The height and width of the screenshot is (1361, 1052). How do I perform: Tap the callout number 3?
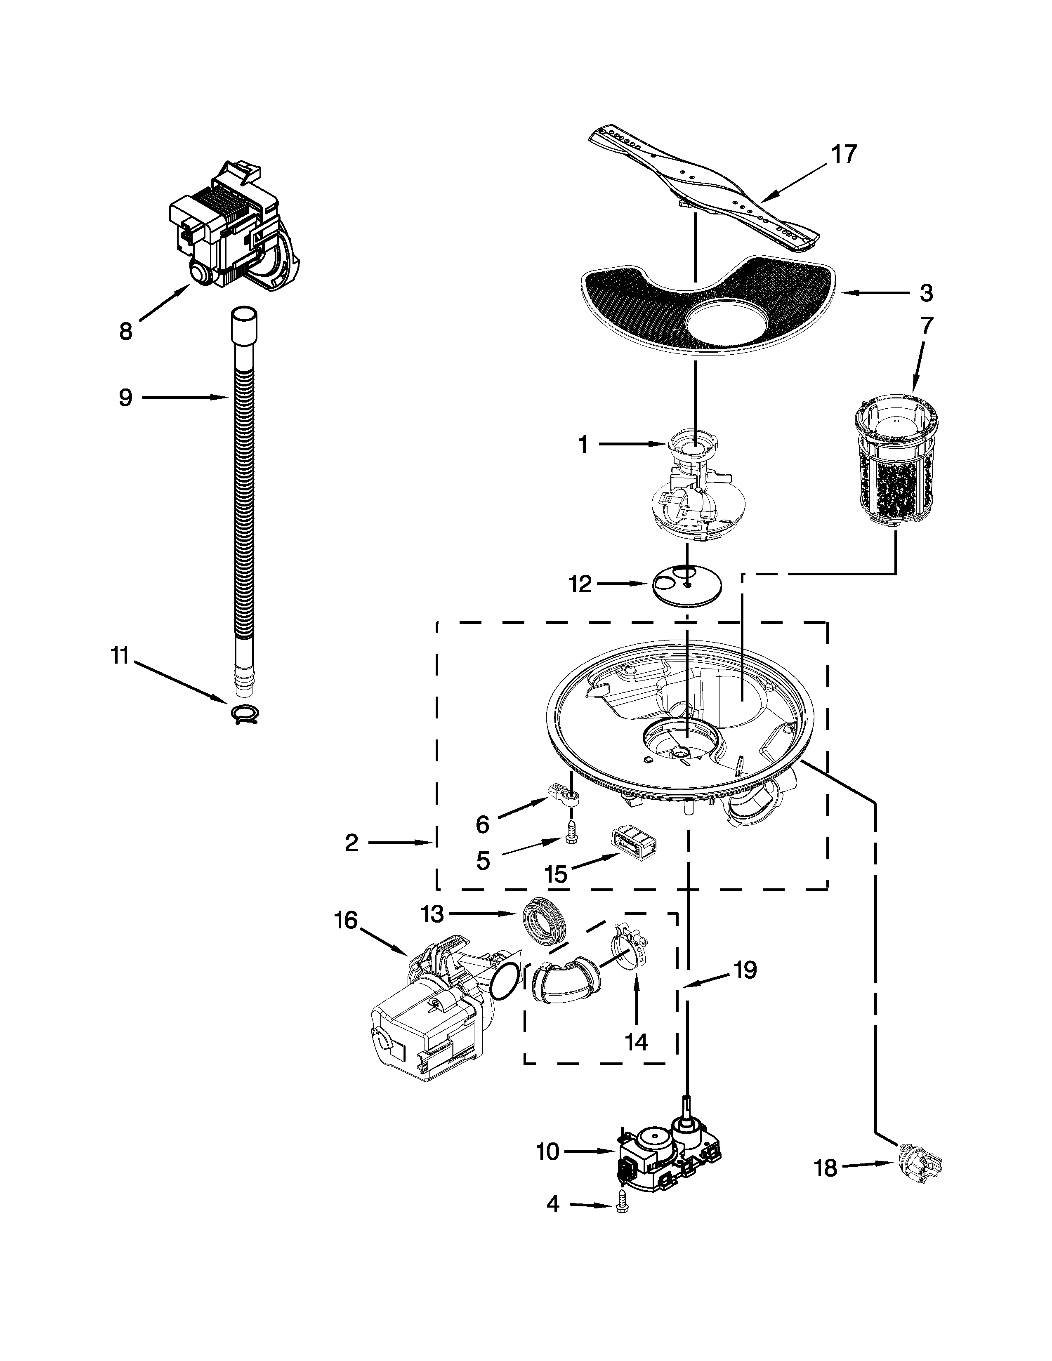(x=926, y=292)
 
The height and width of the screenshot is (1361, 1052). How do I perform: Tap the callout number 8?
(x=125, y=332)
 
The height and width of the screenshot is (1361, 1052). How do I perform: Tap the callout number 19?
(x=744, y=970)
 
